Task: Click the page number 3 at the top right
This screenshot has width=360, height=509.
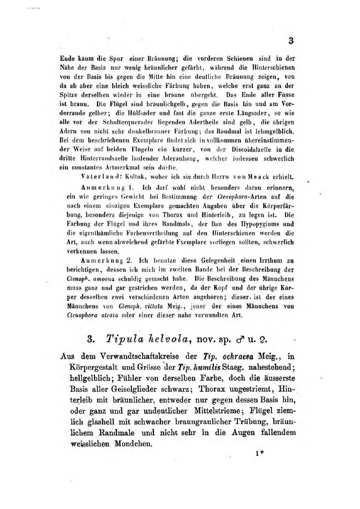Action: (291, 41)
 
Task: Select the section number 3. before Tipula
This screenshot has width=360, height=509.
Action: (91, 339)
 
